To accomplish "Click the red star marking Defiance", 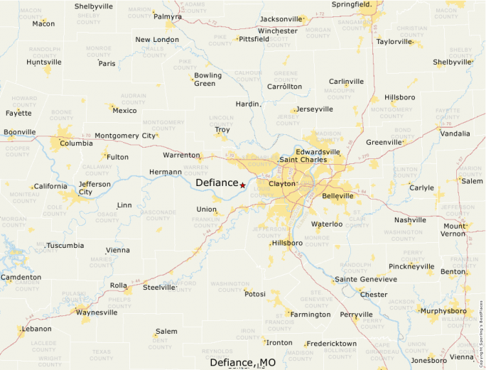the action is point(242,185).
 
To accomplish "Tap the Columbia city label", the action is point(76,143).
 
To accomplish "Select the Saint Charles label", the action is point(302,159).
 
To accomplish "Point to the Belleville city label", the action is point(337,195).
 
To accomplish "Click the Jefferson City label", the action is point(94,187).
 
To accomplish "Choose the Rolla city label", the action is point(119,286).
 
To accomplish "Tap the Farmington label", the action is point(310,314).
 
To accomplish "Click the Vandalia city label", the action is point(455,133).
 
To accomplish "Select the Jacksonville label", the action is point(281,18).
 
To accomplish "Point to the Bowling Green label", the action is point(208,80).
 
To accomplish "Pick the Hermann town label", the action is point(166,172).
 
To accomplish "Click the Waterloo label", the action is point(327,224).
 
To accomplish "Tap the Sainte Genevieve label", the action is point(365,279).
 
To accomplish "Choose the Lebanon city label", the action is point(37,329).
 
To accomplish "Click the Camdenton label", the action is point(21,277).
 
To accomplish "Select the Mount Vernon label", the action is point(453,230).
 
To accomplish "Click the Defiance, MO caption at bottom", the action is point(242,362).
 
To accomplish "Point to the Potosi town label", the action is point(254,293).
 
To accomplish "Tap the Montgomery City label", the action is point(124,136).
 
